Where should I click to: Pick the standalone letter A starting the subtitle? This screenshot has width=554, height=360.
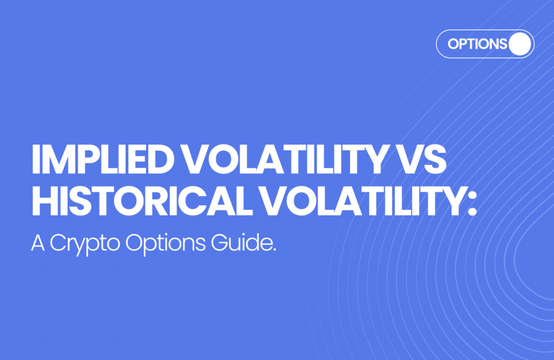coord(37,243)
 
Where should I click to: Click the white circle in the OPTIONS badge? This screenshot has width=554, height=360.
coord(520,44)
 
